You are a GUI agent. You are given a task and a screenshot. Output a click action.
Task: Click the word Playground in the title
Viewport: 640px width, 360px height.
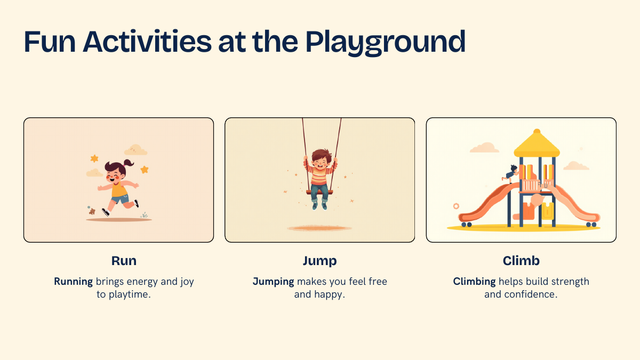click(x=386, y=43)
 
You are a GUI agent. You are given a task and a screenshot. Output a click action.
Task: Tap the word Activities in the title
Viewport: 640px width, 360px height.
click(x=147, y=42)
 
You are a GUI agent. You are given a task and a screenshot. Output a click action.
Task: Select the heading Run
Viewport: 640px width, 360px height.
click(x=124, y=261)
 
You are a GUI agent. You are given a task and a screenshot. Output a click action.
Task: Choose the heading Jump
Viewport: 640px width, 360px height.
click(x=319, y=261)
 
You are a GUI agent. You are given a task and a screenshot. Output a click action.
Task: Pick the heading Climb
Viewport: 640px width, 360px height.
click(x=521, y=261)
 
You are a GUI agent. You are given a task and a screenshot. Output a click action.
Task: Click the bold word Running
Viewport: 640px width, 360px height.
click(x=74, y=282)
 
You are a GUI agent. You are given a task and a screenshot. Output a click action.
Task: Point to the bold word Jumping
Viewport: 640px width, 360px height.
click(x=273, y=282)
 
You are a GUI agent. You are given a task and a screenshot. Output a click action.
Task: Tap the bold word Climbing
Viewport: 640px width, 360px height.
click(x=474, y=282)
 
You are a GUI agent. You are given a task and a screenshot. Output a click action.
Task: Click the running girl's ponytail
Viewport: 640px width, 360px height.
click(x=129, y=163)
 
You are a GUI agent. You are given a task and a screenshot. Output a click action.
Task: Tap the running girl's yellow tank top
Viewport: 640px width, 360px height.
click(x=119, y=189)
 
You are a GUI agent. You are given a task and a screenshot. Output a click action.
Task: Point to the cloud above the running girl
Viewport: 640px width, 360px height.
click(x=135, y=150)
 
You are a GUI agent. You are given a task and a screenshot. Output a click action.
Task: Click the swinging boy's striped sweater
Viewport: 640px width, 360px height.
click(x=320, y=174)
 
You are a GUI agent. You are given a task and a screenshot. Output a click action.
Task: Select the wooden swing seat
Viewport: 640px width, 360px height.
click(x=319, y=193)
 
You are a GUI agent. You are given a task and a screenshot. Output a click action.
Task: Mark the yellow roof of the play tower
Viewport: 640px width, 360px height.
click(x=537, y=145)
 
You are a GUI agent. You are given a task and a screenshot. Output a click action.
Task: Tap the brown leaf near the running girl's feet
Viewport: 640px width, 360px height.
click(x=92, y=211)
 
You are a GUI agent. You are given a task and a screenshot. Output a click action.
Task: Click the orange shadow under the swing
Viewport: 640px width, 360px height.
click(x=319, y=228)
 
